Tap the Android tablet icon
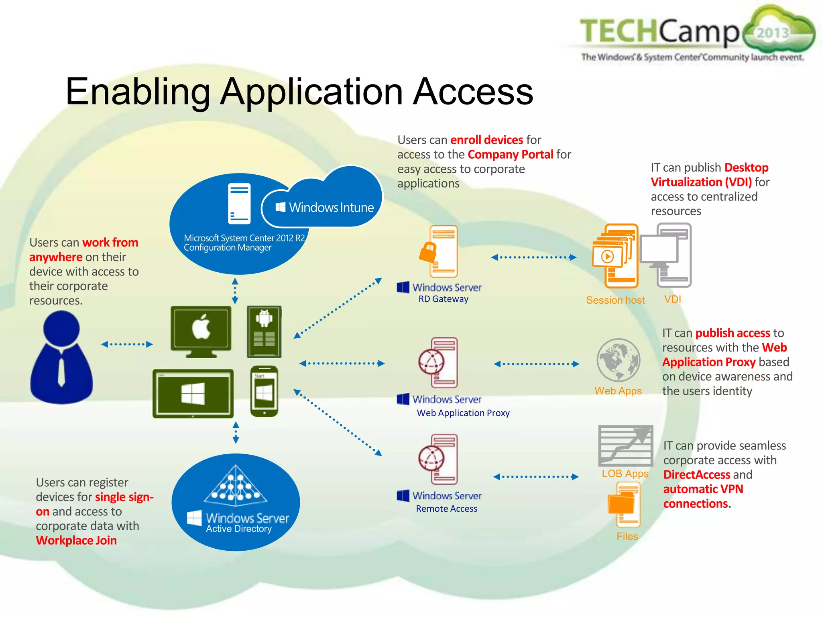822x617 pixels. point(264,331)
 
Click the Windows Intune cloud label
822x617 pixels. point(325,207)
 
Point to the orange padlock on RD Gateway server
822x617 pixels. point(428,253)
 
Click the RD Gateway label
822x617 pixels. point(443,299)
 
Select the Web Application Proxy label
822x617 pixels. point(463,413)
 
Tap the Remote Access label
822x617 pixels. point(446,509)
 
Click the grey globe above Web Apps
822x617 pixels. point(618,360)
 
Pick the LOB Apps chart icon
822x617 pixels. point(625,445)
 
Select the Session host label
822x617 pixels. point(615,300)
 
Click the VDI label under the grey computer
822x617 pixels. point(673,299)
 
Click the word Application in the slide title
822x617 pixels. point(311,92)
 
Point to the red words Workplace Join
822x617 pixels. point(76,540)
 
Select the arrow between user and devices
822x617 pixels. point(127,344)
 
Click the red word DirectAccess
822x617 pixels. point(696,474)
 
